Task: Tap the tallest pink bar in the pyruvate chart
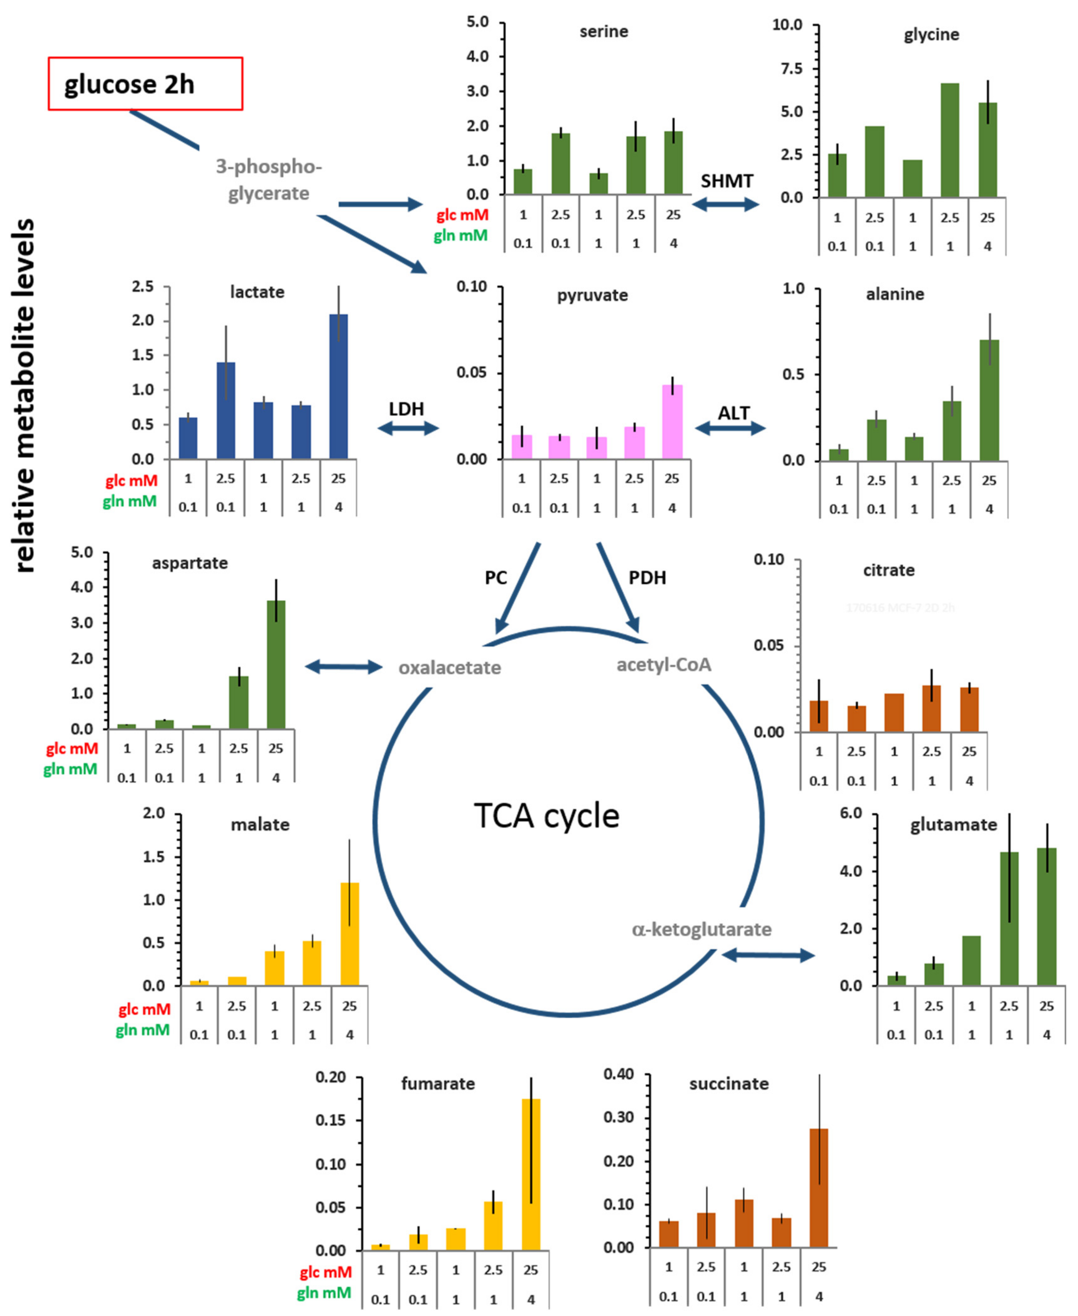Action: coord(672,422)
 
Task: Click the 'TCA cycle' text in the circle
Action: coord(547,816)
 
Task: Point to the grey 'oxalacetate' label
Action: coord(450,668)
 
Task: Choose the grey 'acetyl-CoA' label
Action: coord(663,665)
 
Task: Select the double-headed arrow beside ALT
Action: coord(730,428)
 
